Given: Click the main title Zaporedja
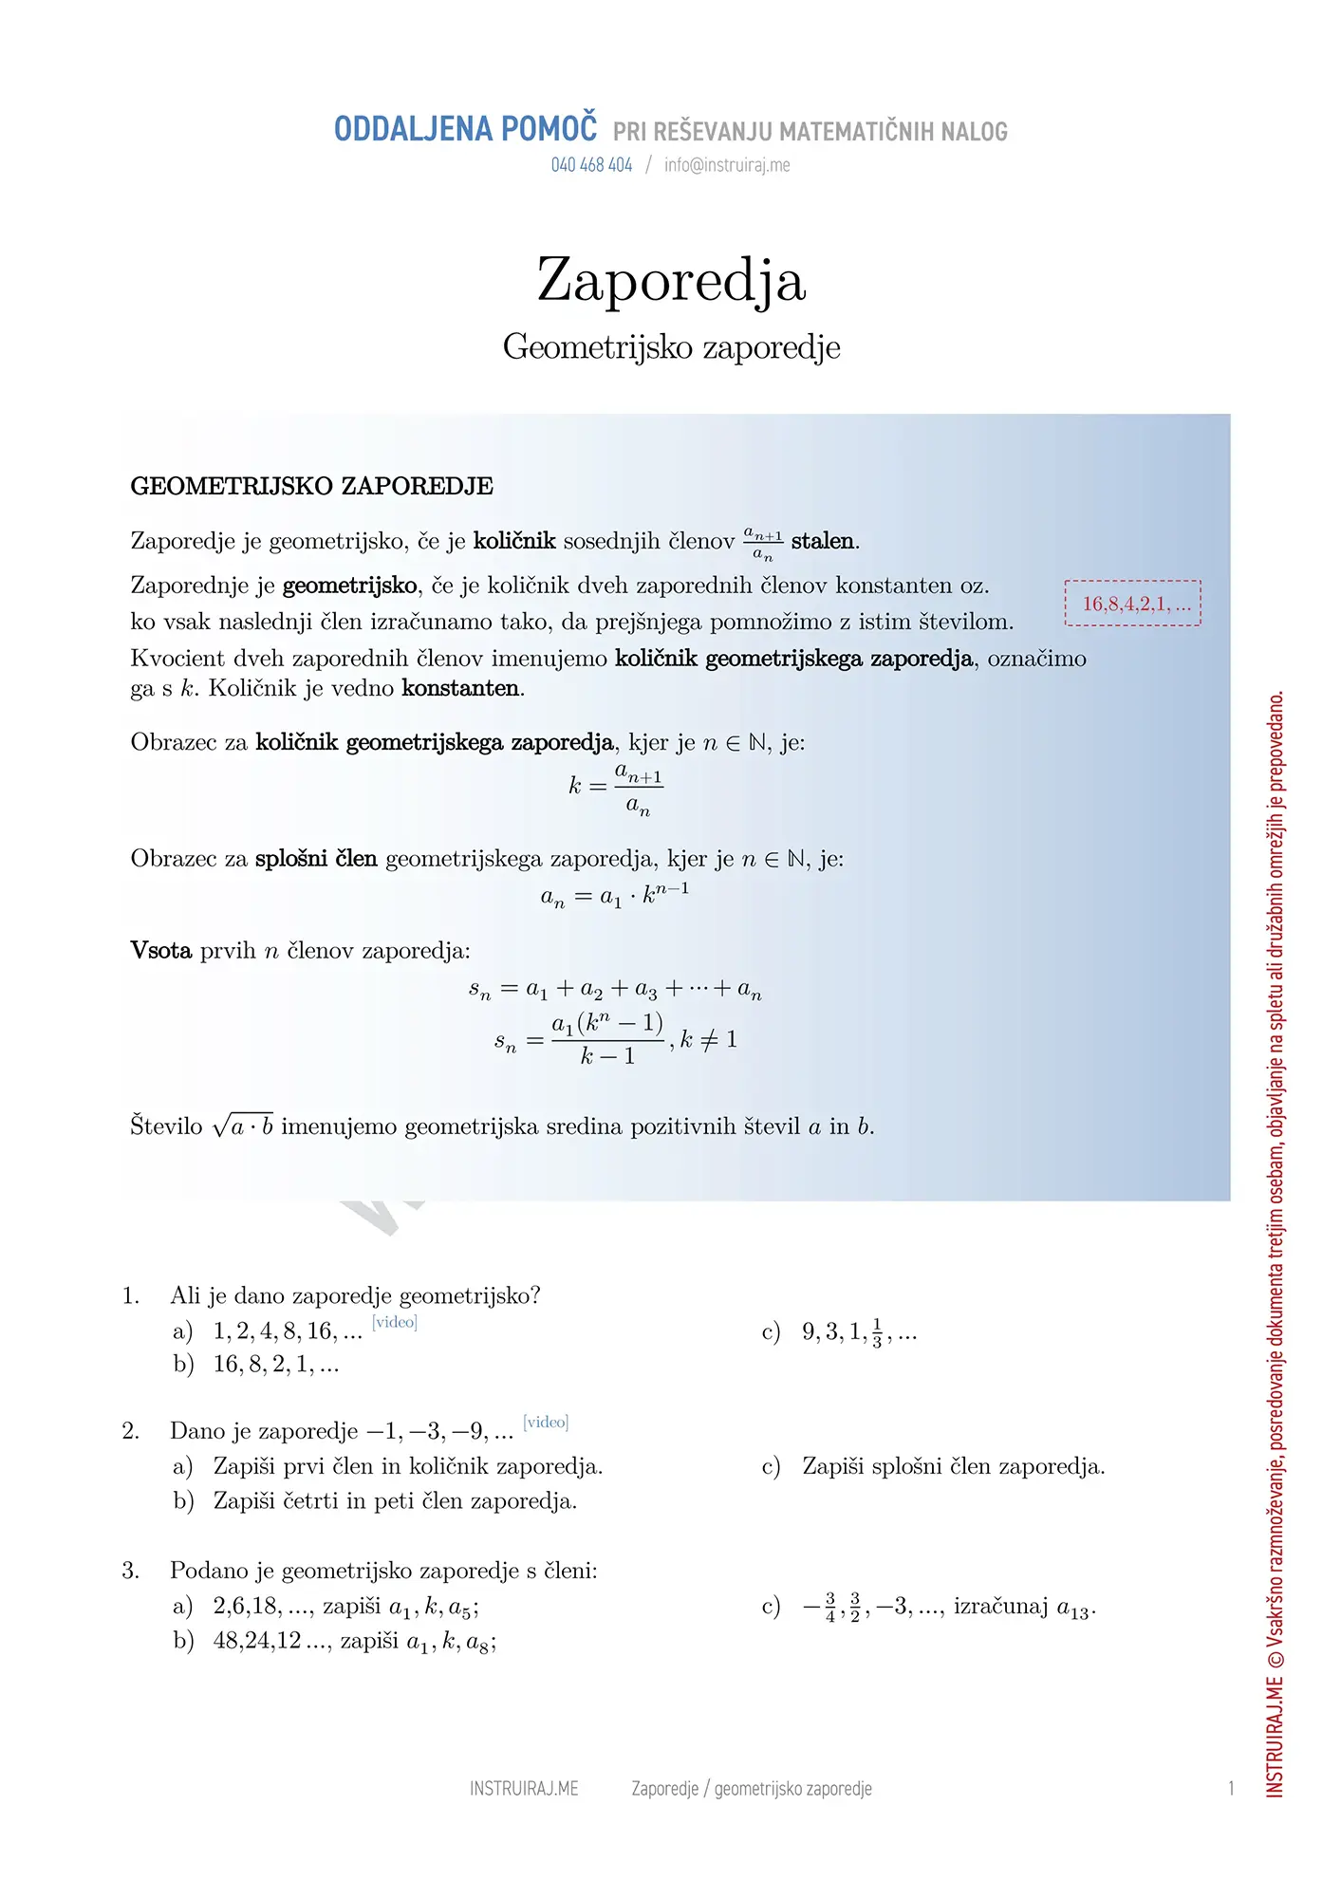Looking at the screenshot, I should point(671,281).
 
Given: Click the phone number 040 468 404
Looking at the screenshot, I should point(591,165).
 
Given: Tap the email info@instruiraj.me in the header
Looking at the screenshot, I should point(727,165).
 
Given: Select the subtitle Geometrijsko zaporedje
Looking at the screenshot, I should point(671,347).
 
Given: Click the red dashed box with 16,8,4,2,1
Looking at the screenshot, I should point(1133,604).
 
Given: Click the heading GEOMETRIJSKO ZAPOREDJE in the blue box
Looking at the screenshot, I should point(311,487).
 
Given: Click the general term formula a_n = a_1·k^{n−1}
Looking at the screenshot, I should point(615,895).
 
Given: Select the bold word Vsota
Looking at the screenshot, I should point(160,951).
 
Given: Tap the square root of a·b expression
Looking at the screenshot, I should point(243,1126).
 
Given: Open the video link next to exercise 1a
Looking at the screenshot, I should point(395,1322).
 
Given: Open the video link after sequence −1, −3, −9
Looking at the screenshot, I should point(546,1422).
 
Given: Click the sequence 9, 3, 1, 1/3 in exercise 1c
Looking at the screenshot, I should point(858,1332).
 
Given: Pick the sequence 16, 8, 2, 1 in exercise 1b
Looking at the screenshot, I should point(275,1365).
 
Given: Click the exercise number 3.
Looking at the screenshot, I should point(130,1571).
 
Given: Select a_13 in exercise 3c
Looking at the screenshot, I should point(1074,1609).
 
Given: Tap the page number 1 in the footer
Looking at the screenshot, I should point(1231,1789).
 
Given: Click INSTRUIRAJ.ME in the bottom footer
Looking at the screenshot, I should point(524,1789).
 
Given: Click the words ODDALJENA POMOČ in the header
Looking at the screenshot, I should point(465,129).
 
